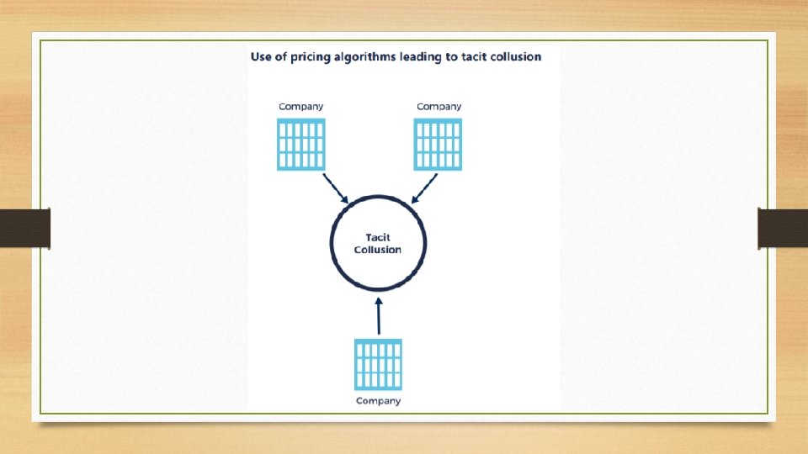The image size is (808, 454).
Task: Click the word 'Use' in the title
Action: pos(261,56)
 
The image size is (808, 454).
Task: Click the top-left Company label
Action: pos(300,107)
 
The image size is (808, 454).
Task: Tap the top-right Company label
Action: pos(439,107)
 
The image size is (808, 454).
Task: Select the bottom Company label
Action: pos(378,401)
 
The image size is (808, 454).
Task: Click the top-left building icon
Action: pos(300,145)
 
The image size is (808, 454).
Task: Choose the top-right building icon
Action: pos(439,145)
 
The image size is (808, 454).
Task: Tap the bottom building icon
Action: pos(378,364)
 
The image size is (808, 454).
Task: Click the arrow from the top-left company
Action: pos(336,188)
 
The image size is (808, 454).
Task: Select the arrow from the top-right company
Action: pos(424,188)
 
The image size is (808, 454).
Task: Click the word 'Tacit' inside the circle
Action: pos(378,238)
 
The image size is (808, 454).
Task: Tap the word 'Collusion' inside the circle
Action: pos(378,250)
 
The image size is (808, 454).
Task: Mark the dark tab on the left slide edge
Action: pos(25,229)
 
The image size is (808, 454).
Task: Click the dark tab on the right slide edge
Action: pos(783,229)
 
